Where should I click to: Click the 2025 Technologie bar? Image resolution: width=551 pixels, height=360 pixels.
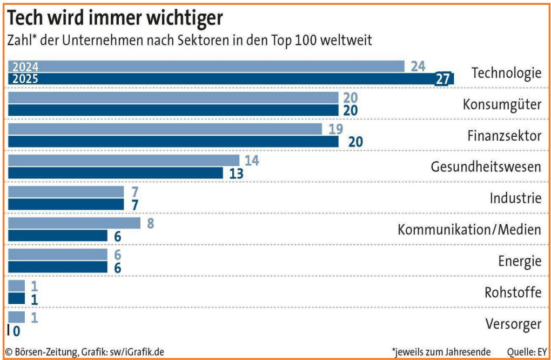[x=227, y=79]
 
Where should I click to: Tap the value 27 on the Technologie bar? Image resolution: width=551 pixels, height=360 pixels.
[x=442, y=79]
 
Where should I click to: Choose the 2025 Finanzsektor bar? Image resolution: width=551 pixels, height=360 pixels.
[x=173, y=142]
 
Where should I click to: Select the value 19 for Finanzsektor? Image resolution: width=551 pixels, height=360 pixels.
[x=335, y=129]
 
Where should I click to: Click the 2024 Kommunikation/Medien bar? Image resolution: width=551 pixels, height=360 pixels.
[x=74, y=223]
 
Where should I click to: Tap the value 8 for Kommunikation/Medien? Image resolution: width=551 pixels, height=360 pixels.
[x=150, y=223]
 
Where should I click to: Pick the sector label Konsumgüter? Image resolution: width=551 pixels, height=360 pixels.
[x=502, y=104]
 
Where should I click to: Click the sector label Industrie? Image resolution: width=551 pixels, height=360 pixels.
[x=515, y=198]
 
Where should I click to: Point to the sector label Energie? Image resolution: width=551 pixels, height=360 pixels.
[x=520, y=262]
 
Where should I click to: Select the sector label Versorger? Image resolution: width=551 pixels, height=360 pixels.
[x=513, y=324]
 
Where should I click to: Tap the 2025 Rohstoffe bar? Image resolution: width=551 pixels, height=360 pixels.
[x=16, y=298]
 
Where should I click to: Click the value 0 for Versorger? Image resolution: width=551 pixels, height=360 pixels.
[x=16, y=330]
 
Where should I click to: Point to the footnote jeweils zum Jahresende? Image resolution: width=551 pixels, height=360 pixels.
[x=442, y=352]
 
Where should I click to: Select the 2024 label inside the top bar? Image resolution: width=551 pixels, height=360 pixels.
[x=25, y=67]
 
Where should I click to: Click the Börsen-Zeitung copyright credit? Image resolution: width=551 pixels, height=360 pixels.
[x=84, y=352]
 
